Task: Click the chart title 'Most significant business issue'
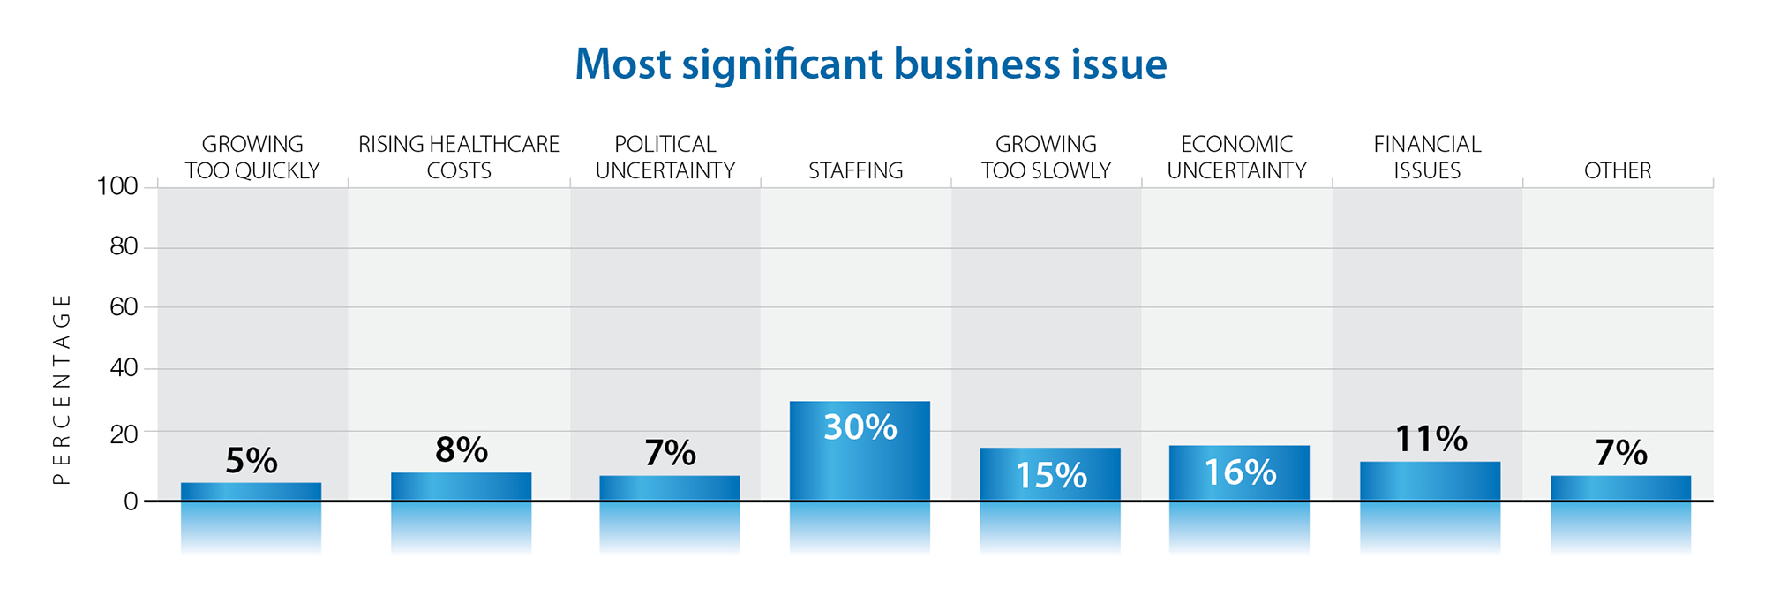tap(870, 64)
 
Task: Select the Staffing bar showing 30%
tap(860, 451)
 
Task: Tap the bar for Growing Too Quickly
tap(252, 492)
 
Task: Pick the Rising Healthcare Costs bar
tap(462, 487)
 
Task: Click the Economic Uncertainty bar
tap(1239, 473)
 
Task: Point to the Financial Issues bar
tap(1430, 481)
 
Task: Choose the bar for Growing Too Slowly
tap(1050, 474)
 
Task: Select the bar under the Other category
tap(1620, 488)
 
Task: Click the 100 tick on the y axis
tap(117, 186)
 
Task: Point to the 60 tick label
tap(124, 307)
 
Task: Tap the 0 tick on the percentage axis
tap(131, 502)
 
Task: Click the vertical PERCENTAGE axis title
tap(61, 389)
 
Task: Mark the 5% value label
tap(252, 461)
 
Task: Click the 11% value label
tap(1431, 439)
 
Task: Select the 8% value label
tap(462, 450)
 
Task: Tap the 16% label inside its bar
tap(1240, 473)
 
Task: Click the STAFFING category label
tap(856, 170)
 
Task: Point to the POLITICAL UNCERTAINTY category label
tap(665, 157)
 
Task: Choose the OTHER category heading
tap(1618, 170)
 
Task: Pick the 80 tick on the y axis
tap(124, 246)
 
